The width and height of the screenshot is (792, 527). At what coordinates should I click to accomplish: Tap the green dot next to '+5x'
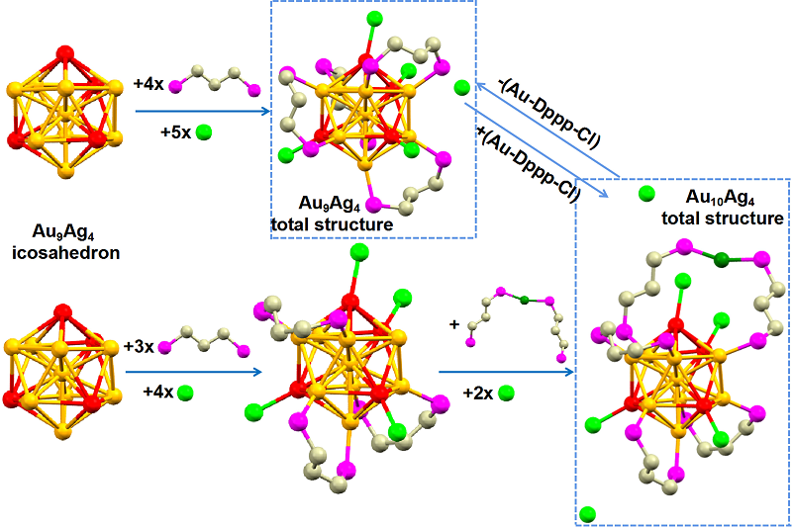(205, 131)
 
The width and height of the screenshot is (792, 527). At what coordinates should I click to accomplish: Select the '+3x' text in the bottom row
(140, 346)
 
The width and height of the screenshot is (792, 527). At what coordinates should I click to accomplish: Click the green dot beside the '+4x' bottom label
(185, 393)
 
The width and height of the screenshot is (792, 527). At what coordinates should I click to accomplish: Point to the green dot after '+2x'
(507, 393)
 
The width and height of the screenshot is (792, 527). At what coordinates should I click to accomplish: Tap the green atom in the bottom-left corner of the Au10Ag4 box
(587, 513)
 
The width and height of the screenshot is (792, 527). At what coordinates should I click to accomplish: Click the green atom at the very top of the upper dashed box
(374, 19)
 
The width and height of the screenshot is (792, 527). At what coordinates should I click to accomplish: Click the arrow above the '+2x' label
(505, 372)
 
